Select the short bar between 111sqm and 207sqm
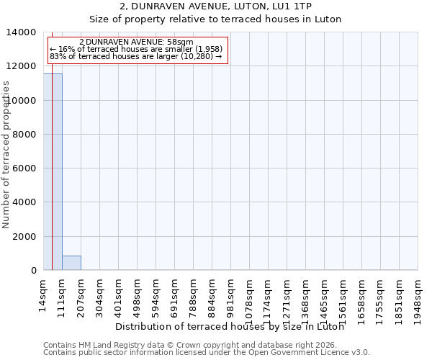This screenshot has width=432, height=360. pyautogui.click(x=71, y=263)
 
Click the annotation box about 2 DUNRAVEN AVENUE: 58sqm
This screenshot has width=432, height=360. pyautogui.click(x=137, y=50)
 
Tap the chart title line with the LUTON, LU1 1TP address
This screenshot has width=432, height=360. pyautogui.click(x=216, y=25)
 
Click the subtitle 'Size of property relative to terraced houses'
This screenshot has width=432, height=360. pyautogui.click(x=216, y=39)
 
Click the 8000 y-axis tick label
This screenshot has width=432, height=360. pyautogui.click(x=27, y=135)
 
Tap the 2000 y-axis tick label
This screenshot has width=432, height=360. pyautogui.click(x=27, y=236)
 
